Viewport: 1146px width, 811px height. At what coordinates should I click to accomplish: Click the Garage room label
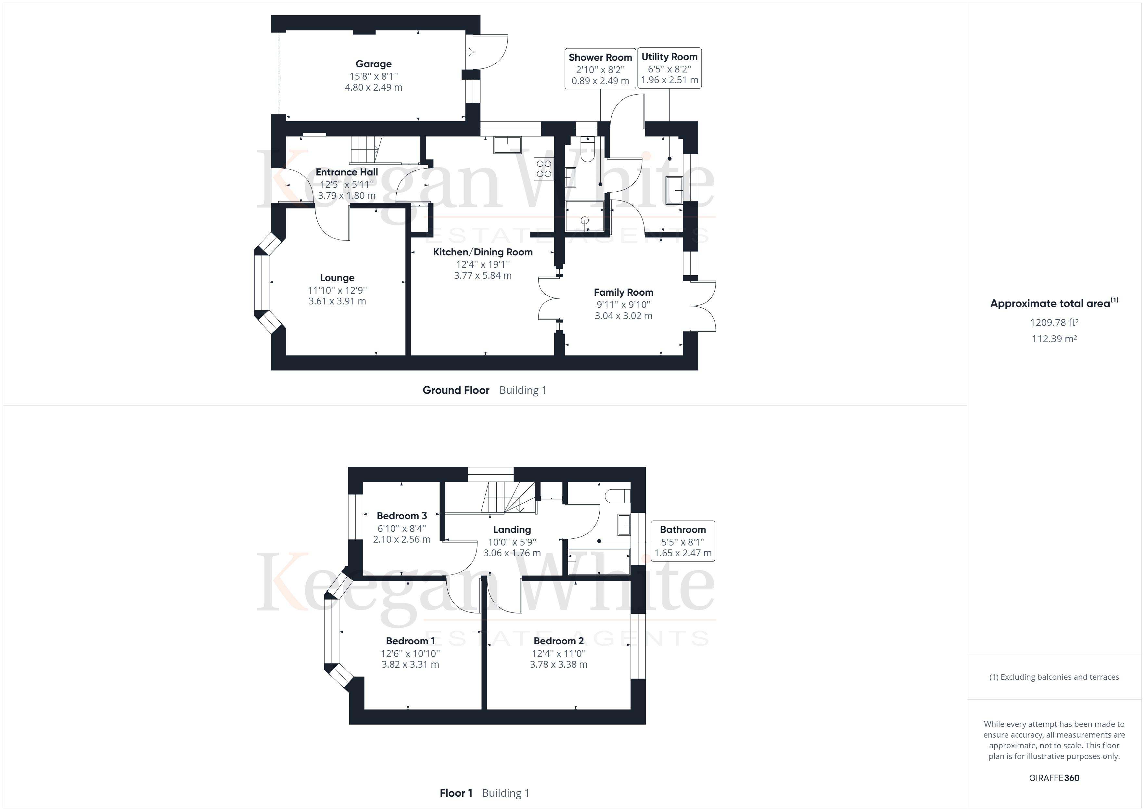pyautogui.click(x=373, y=64)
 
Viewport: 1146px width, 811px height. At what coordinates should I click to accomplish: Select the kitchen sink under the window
pyautogui.click(x=507, y=145)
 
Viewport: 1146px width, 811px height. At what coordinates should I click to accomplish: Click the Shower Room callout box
pyautogui.click(x=600, y=69)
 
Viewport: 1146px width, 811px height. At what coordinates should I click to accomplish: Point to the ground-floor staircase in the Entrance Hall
pyautogui.click(x=366, y=149)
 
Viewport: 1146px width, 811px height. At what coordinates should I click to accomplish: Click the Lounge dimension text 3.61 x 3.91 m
pyautogui.click(x=337, y=301)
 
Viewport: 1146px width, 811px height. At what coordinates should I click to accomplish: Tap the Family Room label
pyautogui.click(x=623, y=292)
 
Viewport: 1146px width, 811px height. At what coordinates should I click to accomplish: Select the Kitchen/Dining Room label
pyautogui.click(x=483, y=252)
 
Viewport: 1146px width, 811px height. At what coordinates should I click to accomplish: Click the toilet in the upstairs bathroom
pyautogui.click(x=617, y=496)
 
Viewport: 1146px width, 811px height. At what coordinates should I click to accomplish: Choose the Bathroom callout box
pyautogui.click(x=682, y=541)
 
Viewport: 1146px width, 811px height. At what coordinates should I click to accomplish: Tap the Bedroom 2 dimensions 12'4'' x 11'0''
pyautogui.click(x=558, y=653)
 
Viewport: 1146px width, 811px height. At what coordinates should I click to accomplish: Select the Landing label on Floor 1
pyautogui.click(x=512, y=529)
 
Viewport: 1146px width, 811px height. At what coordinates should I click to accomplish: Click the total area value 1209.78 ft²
pyautogui.click(x=1054, y=323)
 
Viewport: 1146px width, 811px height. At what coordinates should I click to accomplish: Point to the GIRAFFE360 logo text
pyautogui.click(x=1054, y=778)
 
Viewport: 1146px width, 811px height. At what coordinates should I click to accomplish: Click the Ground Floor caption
pyautogui.click(x=456, y=390)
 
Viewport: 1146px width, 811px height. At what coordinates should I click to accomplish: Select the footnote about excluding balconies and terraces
pyautogui.click(x=1054, y=677)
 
